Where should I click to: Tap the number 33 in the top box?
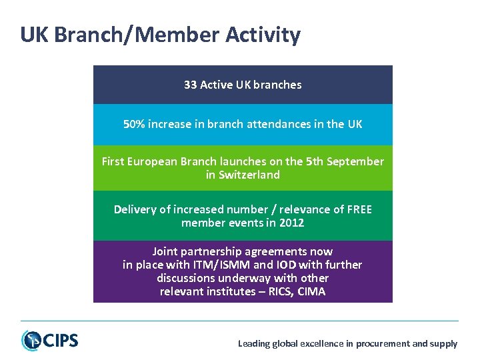190,85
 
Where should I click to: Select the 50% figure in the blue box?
134,124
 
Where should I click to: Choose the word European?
152,161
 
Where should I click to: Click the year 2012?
291,223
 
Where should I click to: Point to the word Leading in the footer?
254,344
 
